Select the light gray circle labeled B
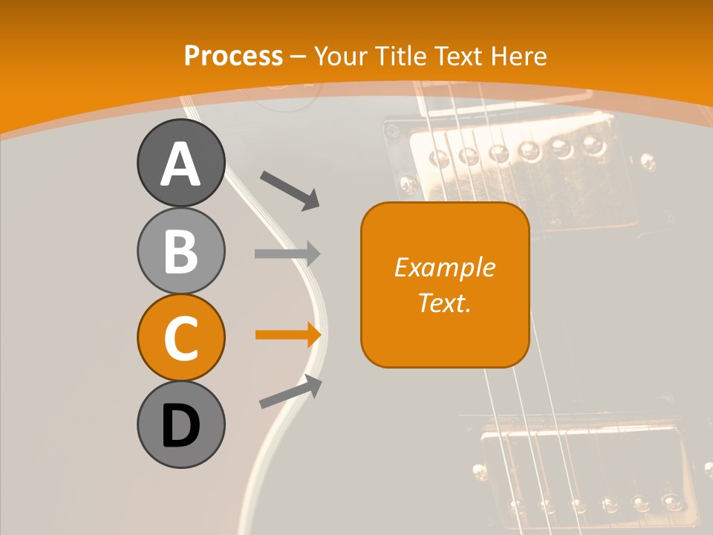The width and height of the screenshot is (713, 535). point(180,250)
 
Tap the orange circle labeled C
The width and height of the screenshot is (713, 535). point(180,337)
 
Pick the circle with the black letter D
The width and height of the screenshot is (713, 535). point(180,424)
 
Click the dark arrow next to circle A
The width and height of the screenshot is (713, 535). point(290,189)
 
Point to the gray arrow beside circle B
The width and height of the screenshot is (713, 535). point(287,253)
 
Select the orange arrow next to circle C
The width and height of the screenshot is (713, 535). point(287,334)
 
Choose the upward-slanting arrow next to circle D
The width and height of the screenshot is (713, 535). point(290,392)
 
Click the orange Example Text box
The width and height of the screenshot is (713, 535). point(445,285)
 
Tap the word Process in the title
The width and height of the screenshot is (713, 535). point(233,56)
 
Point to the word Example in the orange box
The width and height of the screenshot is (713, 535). point(445,267)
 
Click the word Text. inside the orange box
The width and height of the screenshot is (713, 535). point(445,302)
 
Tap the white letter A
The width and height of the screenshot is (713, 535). point(180,164)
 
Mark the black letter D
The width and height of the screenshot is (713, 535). point(180,426)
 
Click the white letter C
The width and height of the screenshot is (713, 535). point(180,338)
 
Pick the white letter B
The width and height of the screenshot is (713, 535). point(180,251)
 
